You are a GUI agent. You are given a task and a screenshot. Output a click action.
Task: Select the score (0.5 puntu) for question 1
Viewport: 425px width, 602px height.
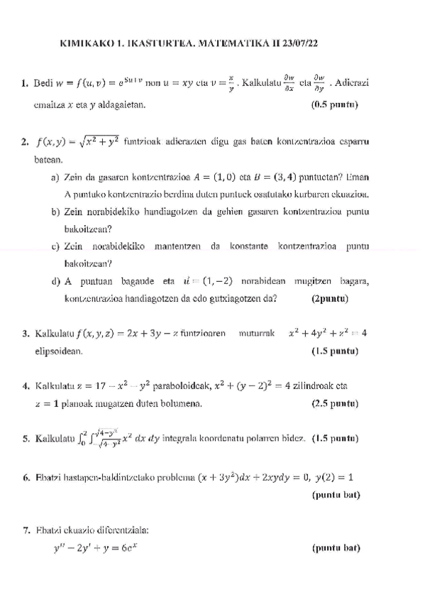(x=335, y=105)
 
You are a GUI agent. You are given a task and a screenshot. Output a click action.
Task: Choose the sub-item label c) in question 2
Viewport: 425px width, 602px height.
(x=55, y=246)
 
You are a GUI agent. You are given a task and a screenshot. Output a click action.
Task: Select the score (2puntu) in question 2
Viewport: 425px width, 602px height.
(x=329, y=298)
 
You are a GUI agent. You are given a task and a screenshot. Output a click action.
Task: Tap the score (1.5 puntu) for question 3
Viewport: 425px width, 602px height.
(x=335, y=351)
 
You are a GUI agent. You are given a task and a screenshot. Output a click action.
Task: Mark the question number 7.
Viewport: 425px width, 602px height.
(x=26, y=530)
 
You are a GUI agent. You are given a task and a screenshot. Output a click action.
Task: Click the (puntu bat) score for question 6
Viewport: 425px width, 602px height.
(x=336, y=494)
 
